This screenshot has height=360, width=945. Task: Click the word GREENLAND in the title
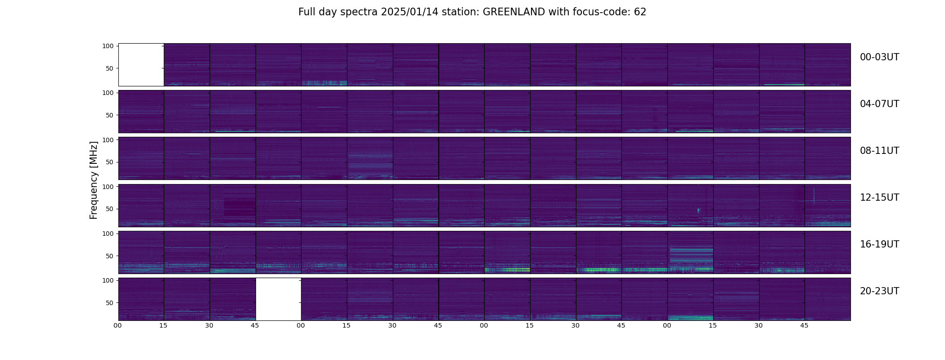pyautogui.click(x=514, y=12)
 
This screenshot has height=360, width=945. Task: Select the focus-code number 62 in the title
pyautogui.click(x=640, y=12)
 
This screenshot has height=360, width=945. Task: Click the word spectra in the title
pyautogui.click(x=359, y=13)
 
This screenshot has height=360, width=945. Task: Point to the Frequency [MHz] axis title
pyautogui.click(x=94, y=180)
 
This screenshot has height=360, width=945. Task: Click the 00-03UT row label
pyautogui.click(x=879, y=57)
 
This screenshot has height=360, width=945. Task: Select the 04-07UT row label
pyautogui.click(x=879, y=104)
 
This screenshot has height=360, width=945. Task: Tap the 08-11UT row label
pyautogui.click(x=879, y=151)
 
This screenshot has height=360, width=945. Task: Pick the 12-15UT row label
pyautogui.click(x=879, y=198)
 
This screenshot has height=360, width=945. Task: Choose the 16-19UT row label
pyautogui.click(x=879, y=244)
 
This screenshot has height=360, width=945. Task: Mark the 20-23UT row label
pyautogui.click(x=879, y=291)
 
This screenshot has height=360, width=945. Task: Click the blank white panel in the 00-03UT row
pyautogui.click(x=141, y=65)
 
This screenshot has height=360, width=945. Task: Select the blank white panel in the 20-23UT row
pyautogui.click(x=279, y=299)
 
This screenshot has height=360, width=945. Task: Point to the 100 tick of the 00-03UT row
pyautogui.click(x=108, y=46)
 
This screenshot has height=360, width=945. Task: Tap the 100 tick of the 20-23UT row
pyautogui.click(x=108, y=280)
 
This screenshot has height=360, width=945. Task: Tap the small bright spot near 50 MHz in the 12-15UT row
pyautogui.click(x=698, y=210)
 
